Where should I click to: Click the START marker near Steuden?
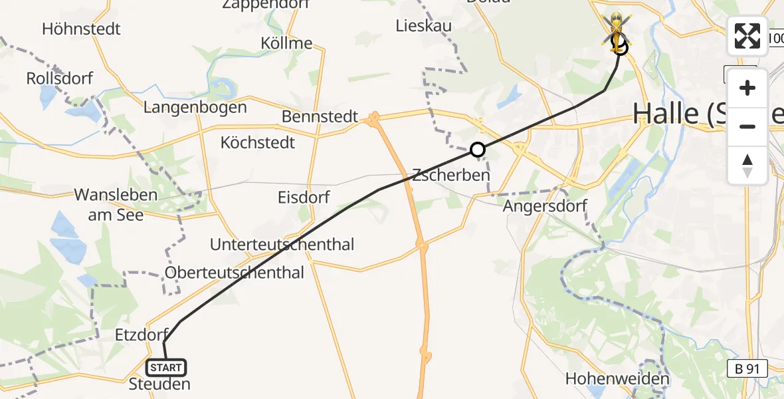click(x=166, y=367)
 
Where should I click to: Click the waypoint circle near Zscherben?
click(x=477, y=150)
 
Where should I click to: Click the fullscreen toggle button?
click(x=747, y=36)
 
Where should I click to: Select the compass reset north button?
click(x=747, y=166)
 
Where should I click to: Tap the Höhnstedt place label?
click(x=81, y=29)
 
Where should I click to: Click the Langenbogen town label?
click(x=195, y=107)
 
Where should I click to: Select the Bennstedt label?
click(x=320, y=117)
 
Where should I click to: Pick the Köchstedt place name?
click(x=258, y=142)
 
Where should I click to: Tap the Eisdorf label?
click(x=304, y=197)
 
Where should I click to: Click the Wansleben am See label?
click(x=116, y=204)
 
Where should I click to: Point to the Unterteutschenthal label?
click(x=282, y=244)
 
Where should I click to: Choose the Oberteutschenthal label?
click(x=235, y=273)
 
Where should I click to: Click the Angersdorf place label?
click(x=545, y=205)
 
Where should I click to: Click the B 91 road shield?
click(x=747, y=368)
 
